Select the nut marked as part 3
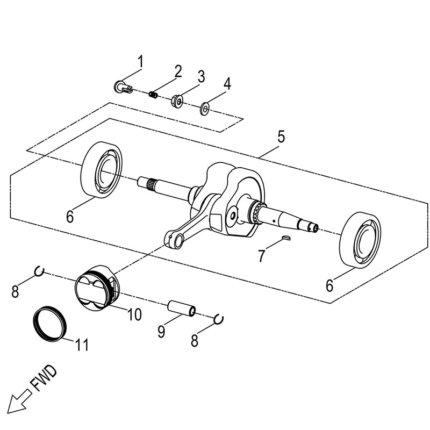pyautogui.click(x=178, y=101)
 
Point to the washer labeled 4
pyautogui.click(x=205, y=109)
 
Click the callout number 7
pyautogui.click(x=261, y=255)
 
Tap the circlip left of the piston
pyautogui.click(x=39, y=272)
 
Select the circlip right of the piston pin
pyautogui.click(x=219, y=319)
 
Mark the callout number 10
pyautogui.click(x=134, y=314)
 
